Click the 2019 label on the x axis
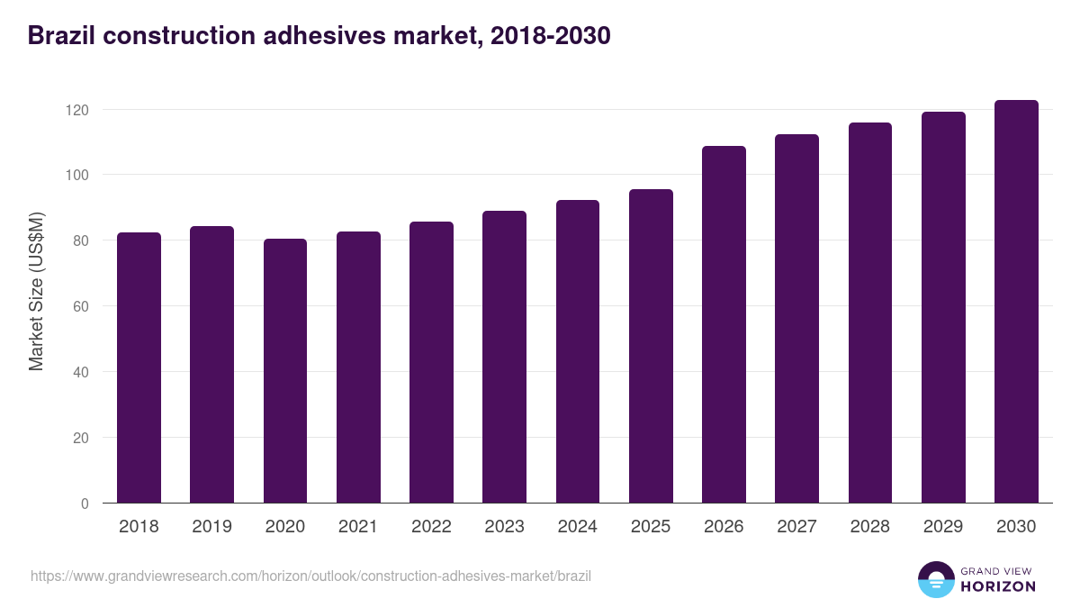[x=211, y=527]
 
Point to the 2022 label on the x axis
[x=431, y=527]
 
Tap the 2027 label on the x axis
[x=796, y=527]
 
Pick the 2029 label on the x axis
[x=943, y=527]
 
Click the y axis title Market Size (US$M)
[x=36, y=292]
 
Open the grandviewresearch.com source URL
[x=310, y=576]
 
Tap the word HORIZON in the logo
[x=997, y=586]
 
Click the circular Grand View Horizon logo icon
[x=935, y=579]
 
